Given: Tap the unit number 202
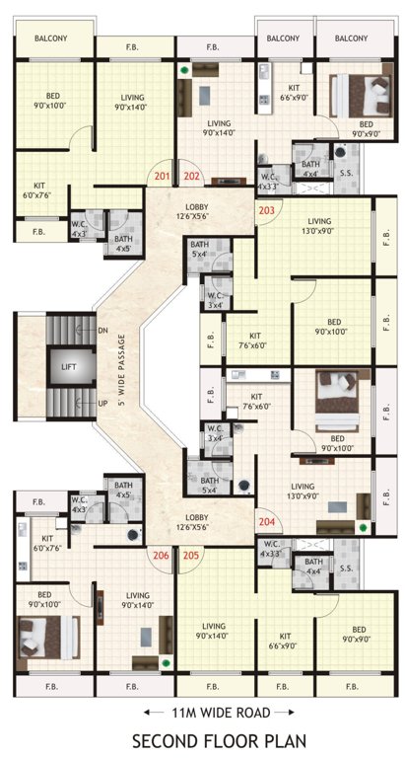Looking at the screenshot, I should coord(192,177).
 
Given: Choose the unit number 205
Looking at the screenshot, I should coord(192,555).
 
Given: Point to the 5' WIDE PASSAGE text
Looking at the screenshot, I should coord(121,366).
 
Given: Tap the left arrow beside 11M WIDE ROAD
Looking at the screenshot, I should coord(148,712).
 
